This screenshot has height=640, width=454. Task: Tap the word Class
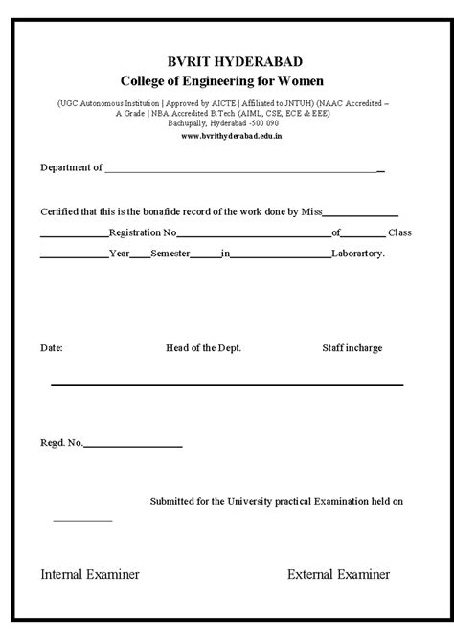[399, 232]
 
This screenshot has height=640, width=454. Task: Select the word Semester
[170, 254]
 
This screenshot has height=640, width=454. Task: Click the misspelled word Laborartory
[358, 254]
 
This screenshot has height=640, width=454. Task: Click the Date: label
[52, 348]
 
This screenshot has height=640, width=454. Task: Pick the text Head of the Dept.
[203, 348]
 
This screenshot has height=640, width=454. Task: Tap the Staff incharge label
[352, 348]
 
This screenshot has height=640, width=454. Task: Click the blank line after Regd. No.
[133, 446]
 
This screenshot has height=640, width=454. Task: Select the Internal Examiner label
[90, 575]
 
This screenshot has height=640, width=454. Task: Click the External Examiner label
[338, 575]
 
